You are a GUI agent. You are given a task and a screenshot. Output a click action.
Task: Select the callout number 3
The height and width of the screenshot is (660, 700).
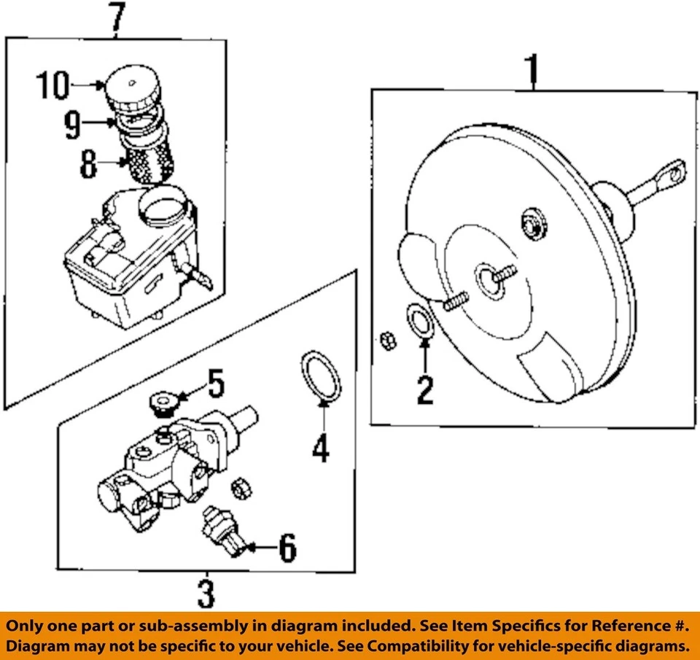[206, 594]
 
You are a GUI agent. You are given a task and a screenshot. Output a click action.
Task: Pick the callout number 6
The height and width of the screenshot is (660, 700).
[287, 548]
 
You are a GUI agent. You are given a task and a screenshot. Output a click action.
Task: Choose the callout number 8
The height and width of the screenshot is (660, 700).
[88, 166]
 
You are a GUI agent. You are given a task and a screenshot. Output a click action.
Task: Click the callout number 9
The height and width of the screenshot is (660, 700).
[72, 125]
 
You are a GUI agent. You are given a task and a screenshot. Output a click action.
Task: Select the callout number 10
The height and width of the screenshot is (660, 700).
[52, 86]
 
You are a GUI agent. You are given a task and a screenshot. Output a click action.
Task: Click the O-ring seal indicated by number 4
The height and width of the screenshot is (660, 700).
[320, 374]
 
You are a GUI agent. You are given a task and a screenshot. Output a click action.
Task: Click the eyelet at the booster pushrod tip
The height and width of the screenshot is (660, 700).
[675, 172]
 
